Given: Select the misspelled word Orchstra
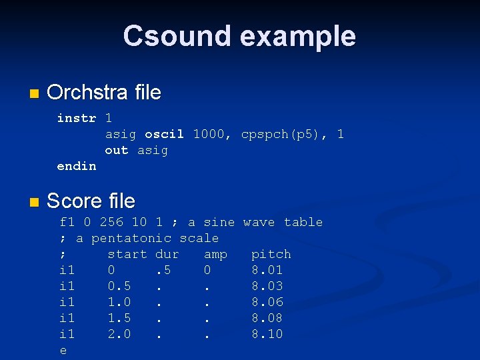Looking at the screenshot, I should point(85,92).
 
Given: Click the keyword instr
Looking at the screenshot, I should point(77,118).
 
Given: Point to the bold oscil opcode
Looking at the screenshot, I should point(164,134).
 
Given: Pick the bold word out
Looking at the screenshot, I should point(117,150).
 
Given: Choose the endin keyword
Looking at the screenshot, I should point(77,166).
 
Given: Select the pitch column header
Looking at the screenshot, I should point(271,254).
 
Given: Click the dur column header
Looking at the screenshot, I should point(167,254).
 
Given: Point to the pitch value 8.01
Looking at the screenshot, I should point(267,270).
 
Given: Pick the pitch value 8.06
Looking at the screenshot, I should point(267,302).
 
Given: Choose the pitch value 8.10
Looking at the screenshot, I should point(267,334).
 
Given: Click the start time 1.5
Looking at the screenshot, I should point(119,318).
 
